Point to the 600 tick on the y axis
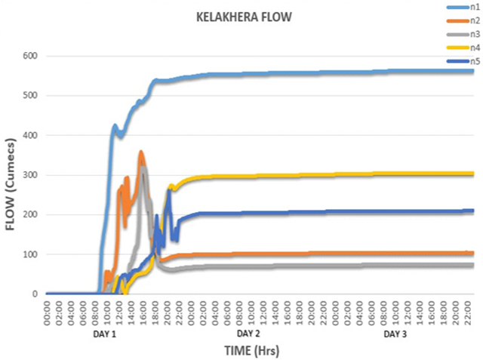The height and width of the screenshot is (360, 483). coord(32,56)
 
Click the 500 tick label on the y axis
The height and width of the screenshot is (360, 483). coord(32,96)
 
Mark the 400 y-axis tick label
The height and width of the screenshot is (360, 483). coord(32,135)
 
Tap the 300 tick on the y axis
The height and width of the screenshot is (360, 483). coord(32,175)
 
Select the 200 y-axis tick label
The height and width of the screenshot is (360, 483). coord(32,214)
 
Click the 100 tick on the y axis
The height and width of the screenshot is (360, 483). coord(32,254)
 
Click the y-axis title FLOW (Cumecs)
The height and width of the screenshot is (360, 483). coord(12,174)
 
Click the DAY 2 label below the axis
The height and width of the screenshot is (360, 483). coord(248,333)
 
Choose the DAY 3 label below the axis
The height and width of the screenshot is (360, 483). coord(395,333)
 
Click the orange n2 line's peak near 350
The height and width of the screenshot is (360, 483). coord(141,153)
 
